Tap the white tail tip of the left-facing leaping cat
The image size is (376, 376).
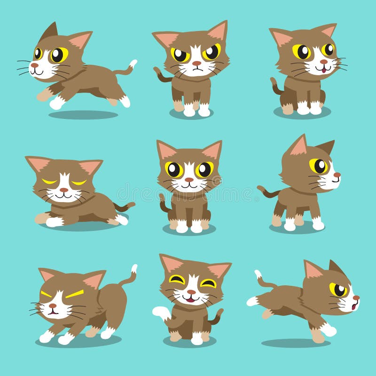click(x=133, y=63)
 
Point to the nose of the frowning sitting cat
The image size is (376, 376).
click(x=196, y=63)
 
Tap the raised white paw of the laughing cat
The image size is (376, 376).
click(x=159, y=311)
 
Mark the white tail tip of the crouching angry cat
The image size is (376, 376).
click(x=134, y=268)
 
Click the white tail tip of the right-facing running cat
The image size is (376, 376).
click(x=258, y=274)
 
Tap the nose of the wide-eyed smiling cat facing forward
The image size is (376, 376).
click(x=189, y=179)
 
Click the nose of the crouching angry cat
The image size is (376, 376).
click(x=52, y=306)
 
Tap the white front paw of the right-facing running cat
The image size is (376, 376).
click(x=329, y=330)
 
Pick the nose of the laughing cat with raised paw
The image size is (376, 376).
click(x=190, y=292)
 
